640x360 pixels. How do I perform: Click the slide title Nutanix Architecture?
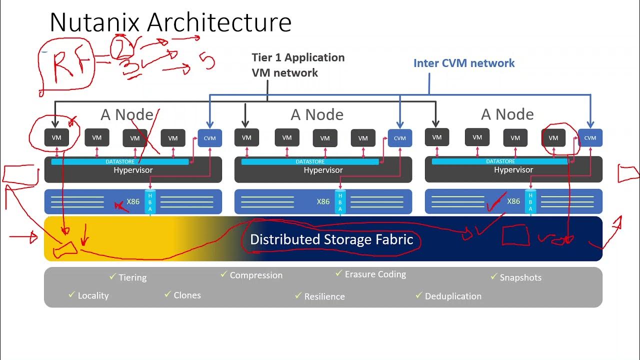point(170,22)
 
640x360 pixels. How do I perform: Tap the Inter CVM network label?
point(463,63)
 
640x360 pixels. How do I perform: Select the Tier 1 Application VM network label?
point(298,65)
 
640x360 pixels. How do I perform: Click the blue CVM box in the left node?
point(210,138)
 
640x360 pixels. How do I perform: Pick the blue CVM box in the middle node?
point(400,138)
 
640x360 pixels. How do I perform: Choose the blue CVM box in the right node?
point(590,138)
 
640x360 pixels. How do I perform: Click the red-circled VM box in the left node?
point(56,137)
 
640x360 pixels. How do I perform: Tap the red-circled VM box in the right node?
point(553,137)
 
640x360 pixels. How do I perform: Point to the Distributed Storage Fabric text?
point(331,239)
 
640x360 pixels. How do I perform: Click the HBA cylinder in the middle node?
point(340,202)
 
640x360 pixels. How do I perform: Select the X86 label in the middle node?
point(323,201)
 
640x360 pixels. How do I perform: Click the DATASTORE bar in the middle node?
point(309,161)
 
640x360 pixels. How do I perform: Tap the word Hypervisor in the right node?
point(513,170)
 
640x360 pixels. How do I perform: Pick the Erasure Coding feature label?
point(375,274)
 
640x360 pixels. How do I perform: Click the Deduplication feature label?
point(453,296)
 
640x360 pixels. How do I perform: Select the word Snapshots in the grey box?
point(520,277)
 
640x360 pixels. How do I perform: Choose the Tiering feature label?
point(132,277)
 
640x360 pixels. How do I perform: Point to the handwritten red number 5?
point(207,62)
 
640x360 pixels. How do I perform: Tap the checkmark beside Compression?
point(224,274)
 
